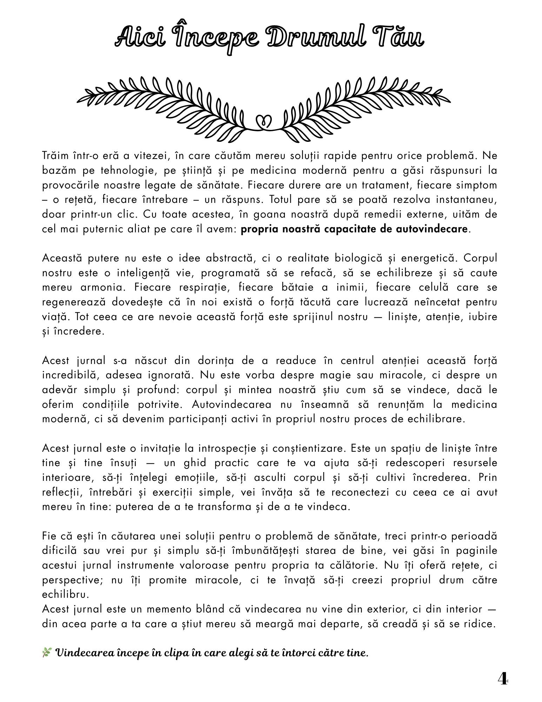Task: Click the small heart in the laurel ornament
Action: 263,121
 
